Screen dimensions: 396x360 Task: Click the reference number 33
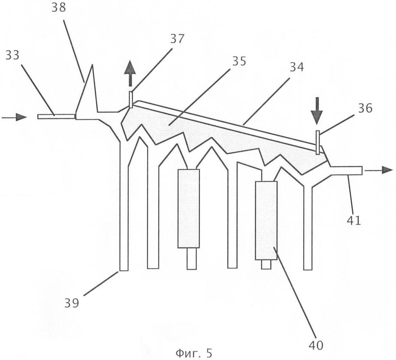tap(13, 55)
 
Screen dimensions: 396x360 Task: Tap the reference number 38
tap(59, 8)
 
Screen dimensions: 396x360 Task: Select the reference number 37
tap(177, 39)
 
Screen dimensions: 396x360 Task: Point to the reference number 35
tap(239, 61)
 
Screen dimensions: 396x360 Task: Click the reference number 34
tap(296, 67)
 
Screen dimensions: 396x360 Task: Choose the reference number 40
tap(316, 345)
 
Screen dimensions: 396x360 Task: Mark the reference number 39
tap(72, 303)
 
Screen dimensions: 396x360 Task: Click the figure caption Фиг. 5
tap(194, 353)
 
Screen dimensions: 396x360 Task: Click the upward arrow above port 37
tap(130, 73)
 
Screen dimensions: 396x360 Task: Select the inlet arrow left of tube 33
tap(14, 117)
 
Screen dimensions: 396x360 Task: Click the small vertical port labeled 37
tap(131, 100)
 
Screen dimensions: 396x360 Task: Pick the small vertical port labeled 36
tap(318, 142)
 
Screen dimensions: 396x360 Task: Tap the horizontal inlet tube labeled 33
tap(56, 117)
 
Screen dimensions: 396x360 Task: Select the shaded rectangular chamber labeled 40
tap(266, 220)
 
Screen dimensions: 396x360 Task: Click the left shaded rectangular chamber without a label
tap(189, 208)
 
